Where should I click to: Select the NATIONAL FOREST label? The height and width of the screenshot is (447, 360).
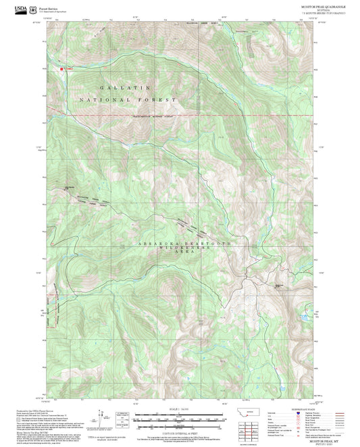(128, 100)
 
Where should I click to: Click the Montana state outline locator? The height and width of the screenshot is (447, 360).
(252, 412)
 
